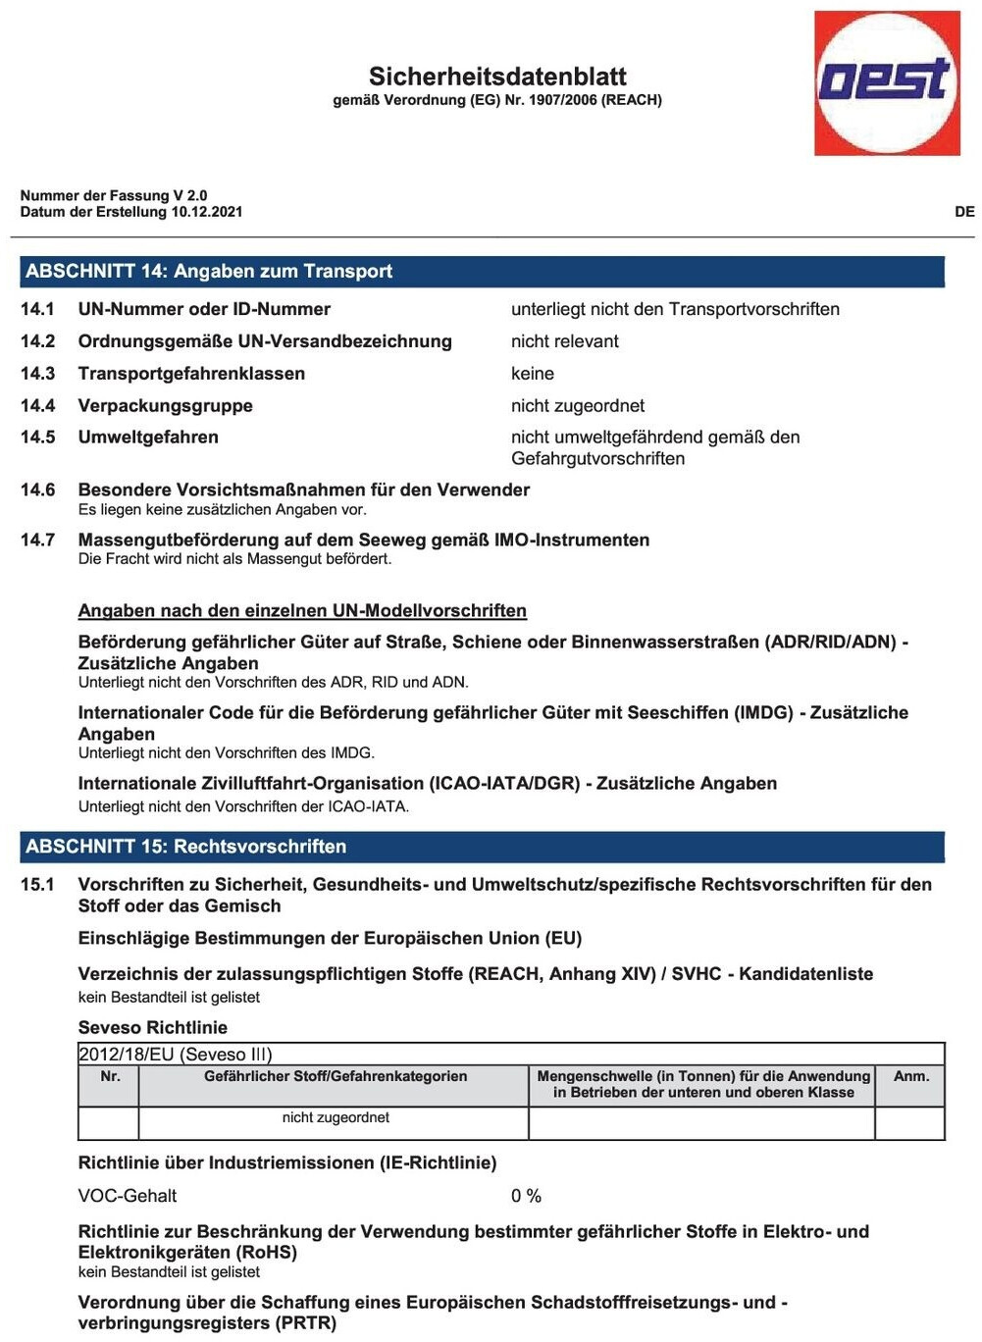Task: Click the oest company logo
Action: pyautogui.click(x=887, y=82)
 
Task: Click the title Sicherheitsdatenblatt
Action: pyautogui.click(x=497, y=77)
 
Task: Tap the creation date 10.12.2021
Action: pyautogui.click(x=207, y=212)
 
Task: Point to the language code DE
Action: pyautogui.click(x=964, y=212)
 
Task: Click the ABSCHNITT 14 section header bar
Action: pyautogui.click(x=482, y=272)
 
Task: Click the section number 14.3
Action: pyautogui.click(x=37, y=374)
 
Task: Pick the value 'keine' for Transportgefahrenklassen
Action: pyautogui.click(x=533, y=374)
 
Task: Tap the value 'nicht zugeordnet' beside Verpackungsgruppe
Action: pyautogui.click(x=578, y=406)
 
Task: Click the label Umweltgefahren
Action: pyautogui.click(x=148, y=438)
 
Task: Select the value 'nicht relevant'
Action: pyautogui.click(x=565, y=341)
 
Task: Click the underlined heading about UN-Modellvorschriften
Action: pyautogui.click(x=302, y=611)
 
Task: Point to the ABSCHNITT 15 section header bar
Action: pyautogui.click(x=482, y=847)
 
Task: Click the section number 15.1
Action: pyautogui.click(x=37, y=885)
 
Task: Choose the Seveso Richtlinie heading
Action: pyautogui.click(x=153, y=1028)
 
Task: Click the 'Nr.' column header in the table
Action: pyautogui.click(x=110, y=1076)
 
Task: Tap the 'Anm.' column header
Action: pyautogui.click(x=910, y=1076)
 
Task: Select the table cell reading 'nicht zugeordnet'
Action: pyautogui.click(x=336, y=1117)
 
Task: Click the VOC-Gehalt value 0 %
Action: pyautogui.click(x=526, y=1196)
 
